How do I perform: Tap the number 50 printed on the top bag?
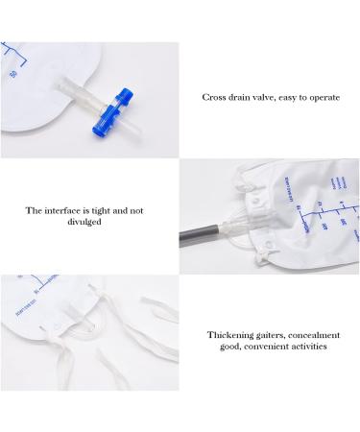[11, 72]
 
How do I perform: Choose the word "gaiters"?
[278, 334]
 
